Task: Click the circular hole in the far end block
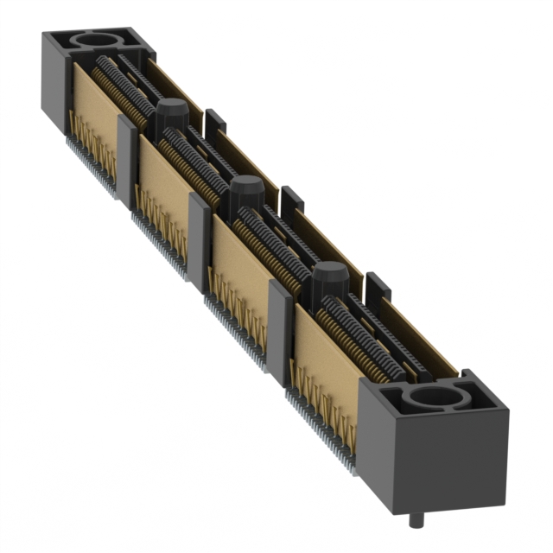[x=97, y=41]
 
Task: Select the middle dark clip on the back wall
[x=292, y=201]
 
